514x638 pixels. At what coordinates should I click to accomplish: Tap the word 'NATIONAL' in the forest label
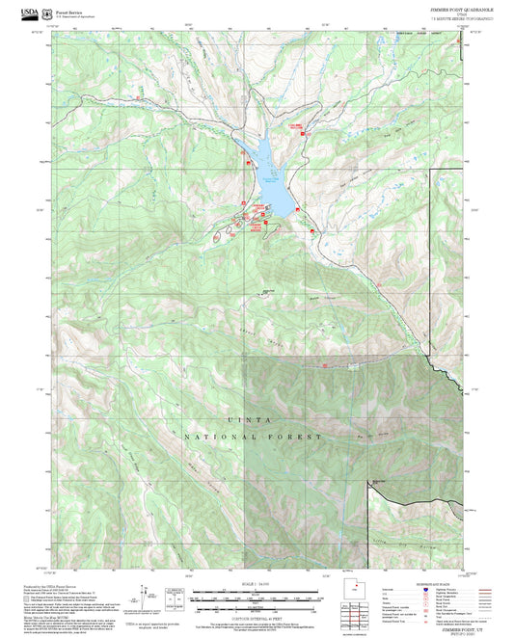coord(214,437)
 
